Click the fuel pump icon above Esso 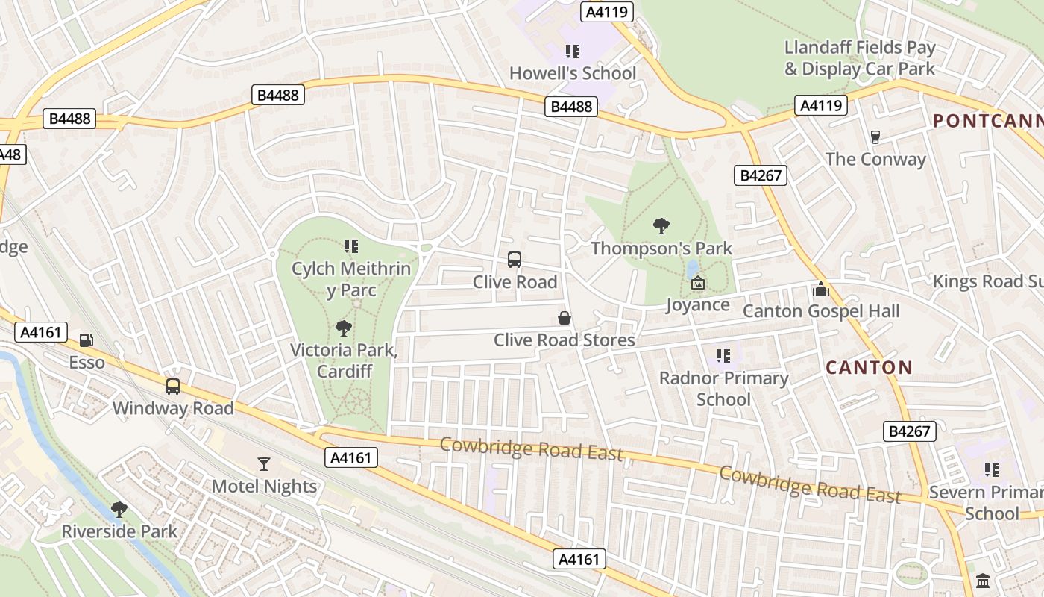coord(87,340)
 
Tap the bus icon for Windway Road coord(173,387)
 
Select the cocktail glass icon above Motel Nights coord(264,464)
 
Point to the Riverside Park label coord(119,531)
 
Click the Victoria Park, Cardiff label coord(343,360)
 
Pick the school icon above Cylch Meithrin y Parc coord(351,246)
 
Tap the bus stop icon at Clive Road coord(515,260)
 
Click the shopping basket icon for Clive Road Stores coord(565,319)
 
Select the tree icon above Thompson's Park coord(661,226)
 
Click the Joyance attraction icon coord(698,283)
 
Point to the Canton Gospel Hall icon coord(821,289)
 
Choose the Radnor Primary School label coord(723,388)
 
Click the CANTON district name coord(869,367)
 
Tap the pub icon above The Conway coord(875,137)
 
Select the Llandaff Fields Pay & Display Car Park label coord(859,58)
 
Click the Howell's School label coord(573,73)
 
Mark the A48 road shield coord(10,154)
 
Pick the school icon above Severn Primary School coord(991,470)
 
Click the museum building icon coord(983,581)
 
